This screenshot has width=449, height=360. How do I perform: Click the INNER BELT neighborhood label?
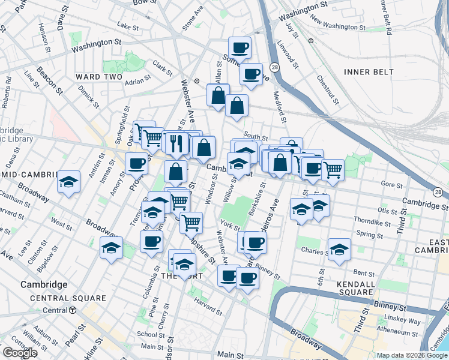click(369, 72)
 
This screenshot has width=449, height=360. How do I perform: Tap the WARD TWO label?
click(98, 77)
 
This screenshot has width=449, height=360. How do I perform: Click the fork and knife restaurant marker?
click(176, 143)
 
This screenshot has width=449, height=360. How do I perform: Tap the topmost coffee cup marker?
click(240, 47)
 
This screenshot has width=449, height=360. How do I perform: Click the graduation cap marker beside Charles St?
click(339, 249)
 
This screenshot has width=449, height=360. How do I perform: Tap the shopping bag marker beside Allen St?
click(218, 95)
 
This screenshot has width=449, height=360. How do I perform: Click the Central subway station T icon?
click(72, 310)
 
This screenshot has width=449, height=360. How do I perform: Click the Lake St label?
click(128, 26)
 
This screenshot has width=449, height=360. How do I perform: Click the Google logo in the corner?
click(20, 353)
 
